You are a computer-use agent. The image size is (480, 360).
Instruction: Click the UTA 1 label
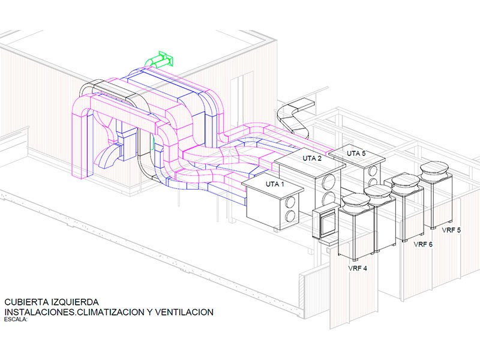coord(274,184)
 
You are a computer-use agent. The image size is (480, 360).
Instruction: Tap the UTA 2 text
coord(311,158)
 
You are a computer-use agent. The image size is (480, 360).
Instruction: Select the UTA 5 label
coord(355,154)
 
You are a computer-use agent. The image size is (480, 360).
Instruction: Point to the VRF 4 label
coord(358,268)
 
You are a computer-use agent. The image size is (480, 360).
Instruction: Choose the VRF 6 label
coord(423,244)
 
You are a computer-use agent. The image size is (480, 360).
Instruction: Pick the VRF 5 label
coord(451,230)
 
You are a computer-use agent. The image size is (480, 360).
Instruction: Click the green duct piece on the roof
coord(159,60)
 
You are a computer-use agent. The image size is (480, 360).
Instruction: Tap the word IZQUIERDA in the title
coord(74,302)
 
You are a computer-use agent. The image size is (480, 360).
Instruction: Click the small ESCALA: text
coord(16,319)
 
